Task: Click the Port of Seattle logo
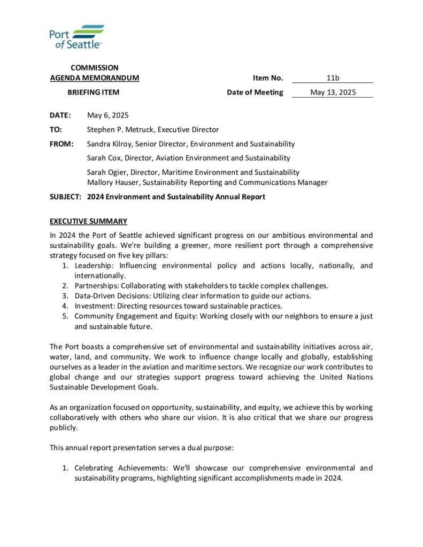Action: click(x=76, y=37)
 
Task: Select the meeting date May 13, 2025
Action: click(x=333, y=92)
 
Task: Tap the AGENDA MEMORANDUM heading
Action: click(x=95, y=78)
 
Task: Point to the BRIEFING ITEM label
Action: click(x=93, y=92)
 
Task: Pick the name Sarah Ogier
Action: click(x=106, y=172)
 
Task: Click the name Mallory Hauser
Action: click(x=112, y=182)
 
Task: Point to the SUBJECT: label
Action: click(x=65, y=197)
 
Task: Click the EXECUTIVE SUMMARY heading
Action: click(x=88, y=221)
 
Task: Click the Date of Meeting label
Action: click(x=255, y=92)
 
